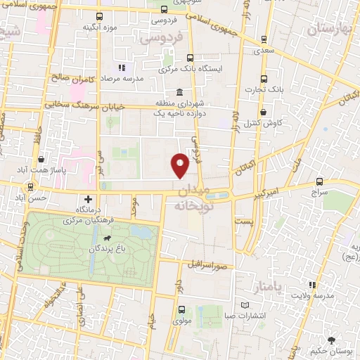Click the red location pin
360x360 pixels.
[x=180, y=165]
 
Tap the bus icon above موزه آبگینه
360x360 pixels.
[x=99, y=15]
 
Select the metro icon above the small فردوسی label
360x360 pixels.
[x=164, y=10]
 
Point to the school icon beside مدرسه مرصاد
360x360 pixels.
[x=122, y=68]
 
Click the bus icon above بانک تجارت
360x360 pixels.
[x=264, y=79]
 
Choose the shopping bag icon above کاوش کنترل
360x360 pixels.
[x=263, y=111]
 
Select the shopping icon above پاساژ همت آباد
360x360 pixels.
[x=41, y=160]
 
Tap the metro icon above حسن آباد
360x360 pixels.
[x=30, y=187]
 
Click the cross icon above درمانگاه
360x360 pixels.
[x=88, y=199]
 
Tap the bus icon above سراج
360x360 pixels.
[x=320, y=181]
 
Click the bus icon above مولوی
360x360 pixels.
[x=181, y=309]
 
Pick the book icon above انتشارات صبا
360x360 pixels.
[x=245, y=305]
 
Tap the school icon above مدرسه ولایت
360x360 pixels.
[x=313, y=285]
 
